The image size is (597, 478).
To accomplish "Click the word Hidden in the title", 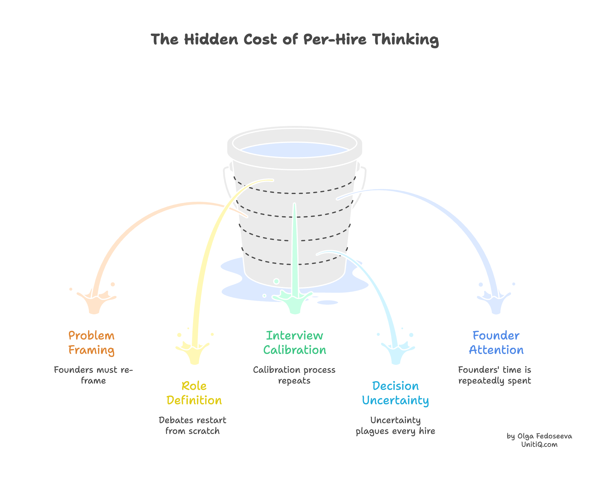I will click(x=211, y=39).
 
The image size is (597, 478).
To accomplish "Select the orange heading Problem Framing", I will click(x=91, y=343).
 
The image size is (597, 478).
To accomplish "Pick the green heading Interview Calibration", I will click(x=295, y=343).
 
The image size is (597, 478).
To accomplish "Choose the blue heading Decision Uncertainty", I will click(x=395, y=393).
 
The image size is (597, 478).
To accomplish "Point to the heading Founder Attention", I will click(x=496, y=343).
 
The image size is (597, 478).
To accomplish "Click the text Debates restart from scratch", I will click(x=192, y=426).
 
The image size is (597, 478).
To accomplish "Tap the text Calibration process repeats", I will click(x=294, y=375).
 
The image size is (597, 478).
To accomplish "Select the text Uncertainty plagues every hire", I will click(x=395, y=426).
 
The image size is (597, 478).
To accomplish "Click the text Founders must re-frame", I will click(x=93, y=375).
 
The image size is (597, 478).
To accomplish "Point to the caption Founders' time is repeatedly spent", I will click(x=495, y=375).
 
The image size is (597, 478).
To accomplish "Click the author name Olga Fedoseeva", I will click(x=545, y=436).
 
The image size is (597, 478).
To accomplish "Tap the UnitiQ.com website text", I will click(x=539, y=444).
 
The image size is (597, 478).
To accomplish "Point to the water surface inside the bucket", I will click(x=295, y=150).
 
